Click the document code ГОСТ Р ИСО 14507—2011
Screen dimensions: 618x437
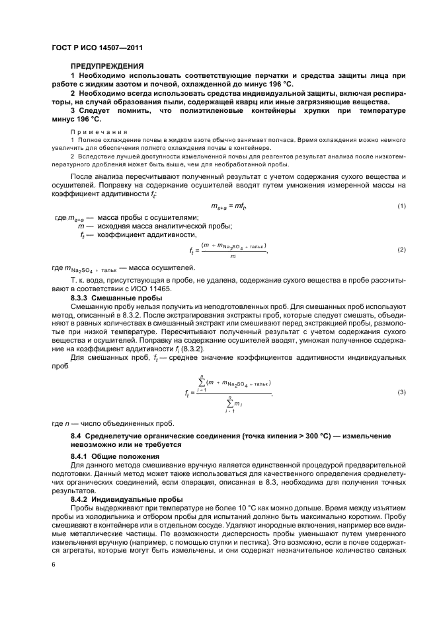pyautogui.click(x=99, y=48)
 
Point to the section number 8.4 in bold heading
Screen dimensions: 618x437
pyautogui.click(x=77, y=436)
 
